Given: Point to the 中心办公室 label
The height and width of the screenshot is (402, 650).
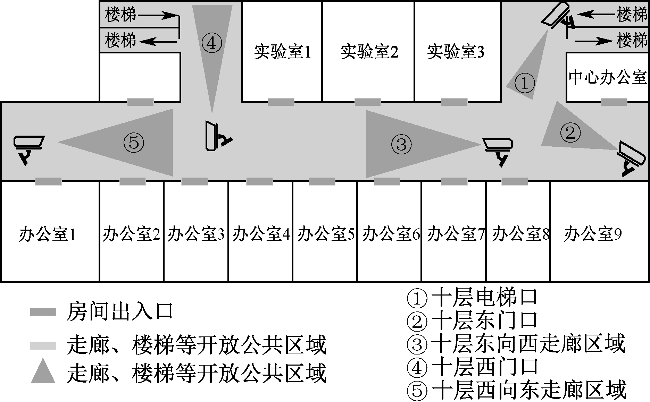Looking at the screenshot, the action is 608,77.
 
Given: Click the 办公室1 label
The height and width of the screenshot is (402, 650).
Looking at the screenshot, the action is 47,234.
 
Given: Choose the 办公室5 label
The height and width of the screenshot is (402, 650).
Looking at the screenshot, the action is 326,234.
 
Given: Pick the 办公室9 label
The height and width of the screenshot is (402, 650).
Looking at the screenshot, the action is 593,234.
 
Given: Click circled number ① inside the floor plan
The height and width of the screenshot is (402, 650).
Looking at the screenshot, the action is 524,84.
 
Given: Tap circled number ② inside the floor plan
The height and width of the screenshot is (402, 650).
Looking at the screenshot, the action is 570,132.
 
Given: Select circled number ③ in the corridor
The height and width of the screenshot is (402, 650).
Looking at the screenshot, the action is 401,144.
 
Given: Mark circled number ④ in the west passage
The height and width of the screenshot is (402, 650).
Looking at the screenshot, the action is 211,43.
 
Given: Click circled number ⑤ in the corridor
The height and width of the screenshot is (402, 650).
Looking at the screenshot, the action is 134,143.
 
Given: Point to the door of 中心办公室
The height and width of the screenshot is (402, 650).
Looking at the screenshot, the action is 614,102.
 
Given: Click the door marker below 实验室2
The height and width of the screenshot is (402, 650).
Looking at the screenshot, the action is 367,102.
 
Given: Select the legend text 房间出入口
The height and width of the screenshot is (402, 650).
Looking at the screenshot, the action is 119,311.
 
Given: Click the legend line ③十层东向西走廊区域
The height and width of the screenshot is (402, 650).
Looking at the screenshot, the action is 516,343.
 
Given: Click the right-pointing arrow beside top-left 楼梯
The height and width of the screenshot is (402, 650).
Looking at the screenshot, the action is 158,15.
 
